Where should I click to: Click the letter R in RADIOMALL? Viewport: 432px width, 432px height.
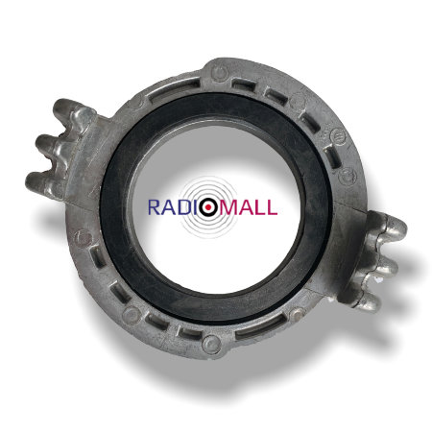154,207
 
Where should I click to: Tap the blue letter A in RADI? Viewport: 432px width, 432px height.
168,207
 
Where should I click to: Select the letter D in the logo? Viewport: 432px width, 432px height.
183,207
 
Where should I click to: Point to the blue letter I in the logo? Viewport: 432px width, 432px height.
194,207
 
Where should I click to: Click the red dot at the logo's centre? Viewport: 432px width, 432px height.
208,207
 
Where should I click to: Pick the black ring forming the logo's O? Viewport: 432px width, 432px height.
208,200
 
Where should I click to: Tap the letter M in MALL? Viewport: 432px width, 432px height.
228,207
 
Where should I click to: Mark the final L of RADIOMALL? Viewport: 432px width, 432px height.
272,207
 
